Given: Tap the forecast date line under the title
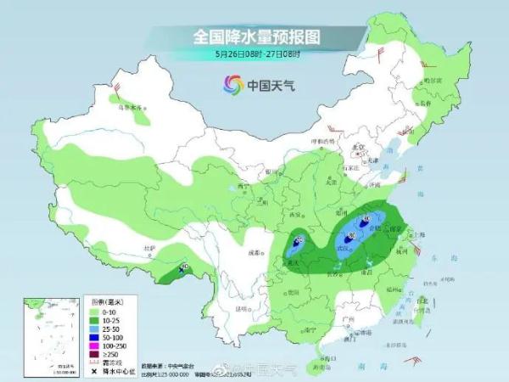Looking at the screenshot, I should (255, 53).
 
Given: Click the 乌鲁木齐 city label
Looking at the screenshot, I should (130, 108).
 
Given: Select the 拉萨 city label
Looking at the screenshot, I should (150, 248).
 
